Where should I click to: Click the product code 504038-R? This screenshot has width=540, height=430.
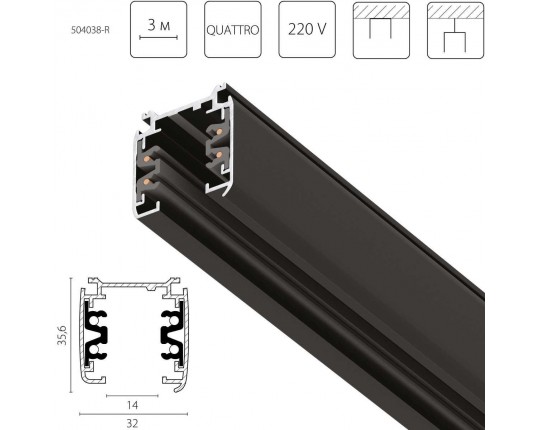(x=90, y=30)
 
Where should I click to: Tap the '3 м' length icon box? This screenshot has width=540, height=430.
(x=158, y=29)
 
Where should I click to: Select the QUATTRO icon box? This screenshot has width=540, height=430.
(x=233, y=29)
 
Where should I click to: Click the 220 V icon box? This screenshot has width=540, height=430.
(x=307, y=29)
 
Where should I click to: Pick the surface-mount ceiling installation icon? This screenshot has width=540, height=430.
(x=381, y=30)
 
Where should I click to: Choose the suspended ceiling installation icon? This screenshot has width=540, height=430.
(x=456, y=30)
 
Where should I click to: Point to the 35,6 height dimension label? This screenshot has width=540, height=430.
(x=62, y=335)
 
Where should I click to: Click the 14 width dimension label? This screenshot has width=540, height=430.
(x=132, y=406)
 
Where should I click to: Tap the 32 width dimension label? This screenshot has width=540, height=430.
(x=132, y=423)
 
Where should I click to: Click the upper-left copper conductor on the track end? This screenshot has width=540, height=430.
(x=147, y=159)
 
